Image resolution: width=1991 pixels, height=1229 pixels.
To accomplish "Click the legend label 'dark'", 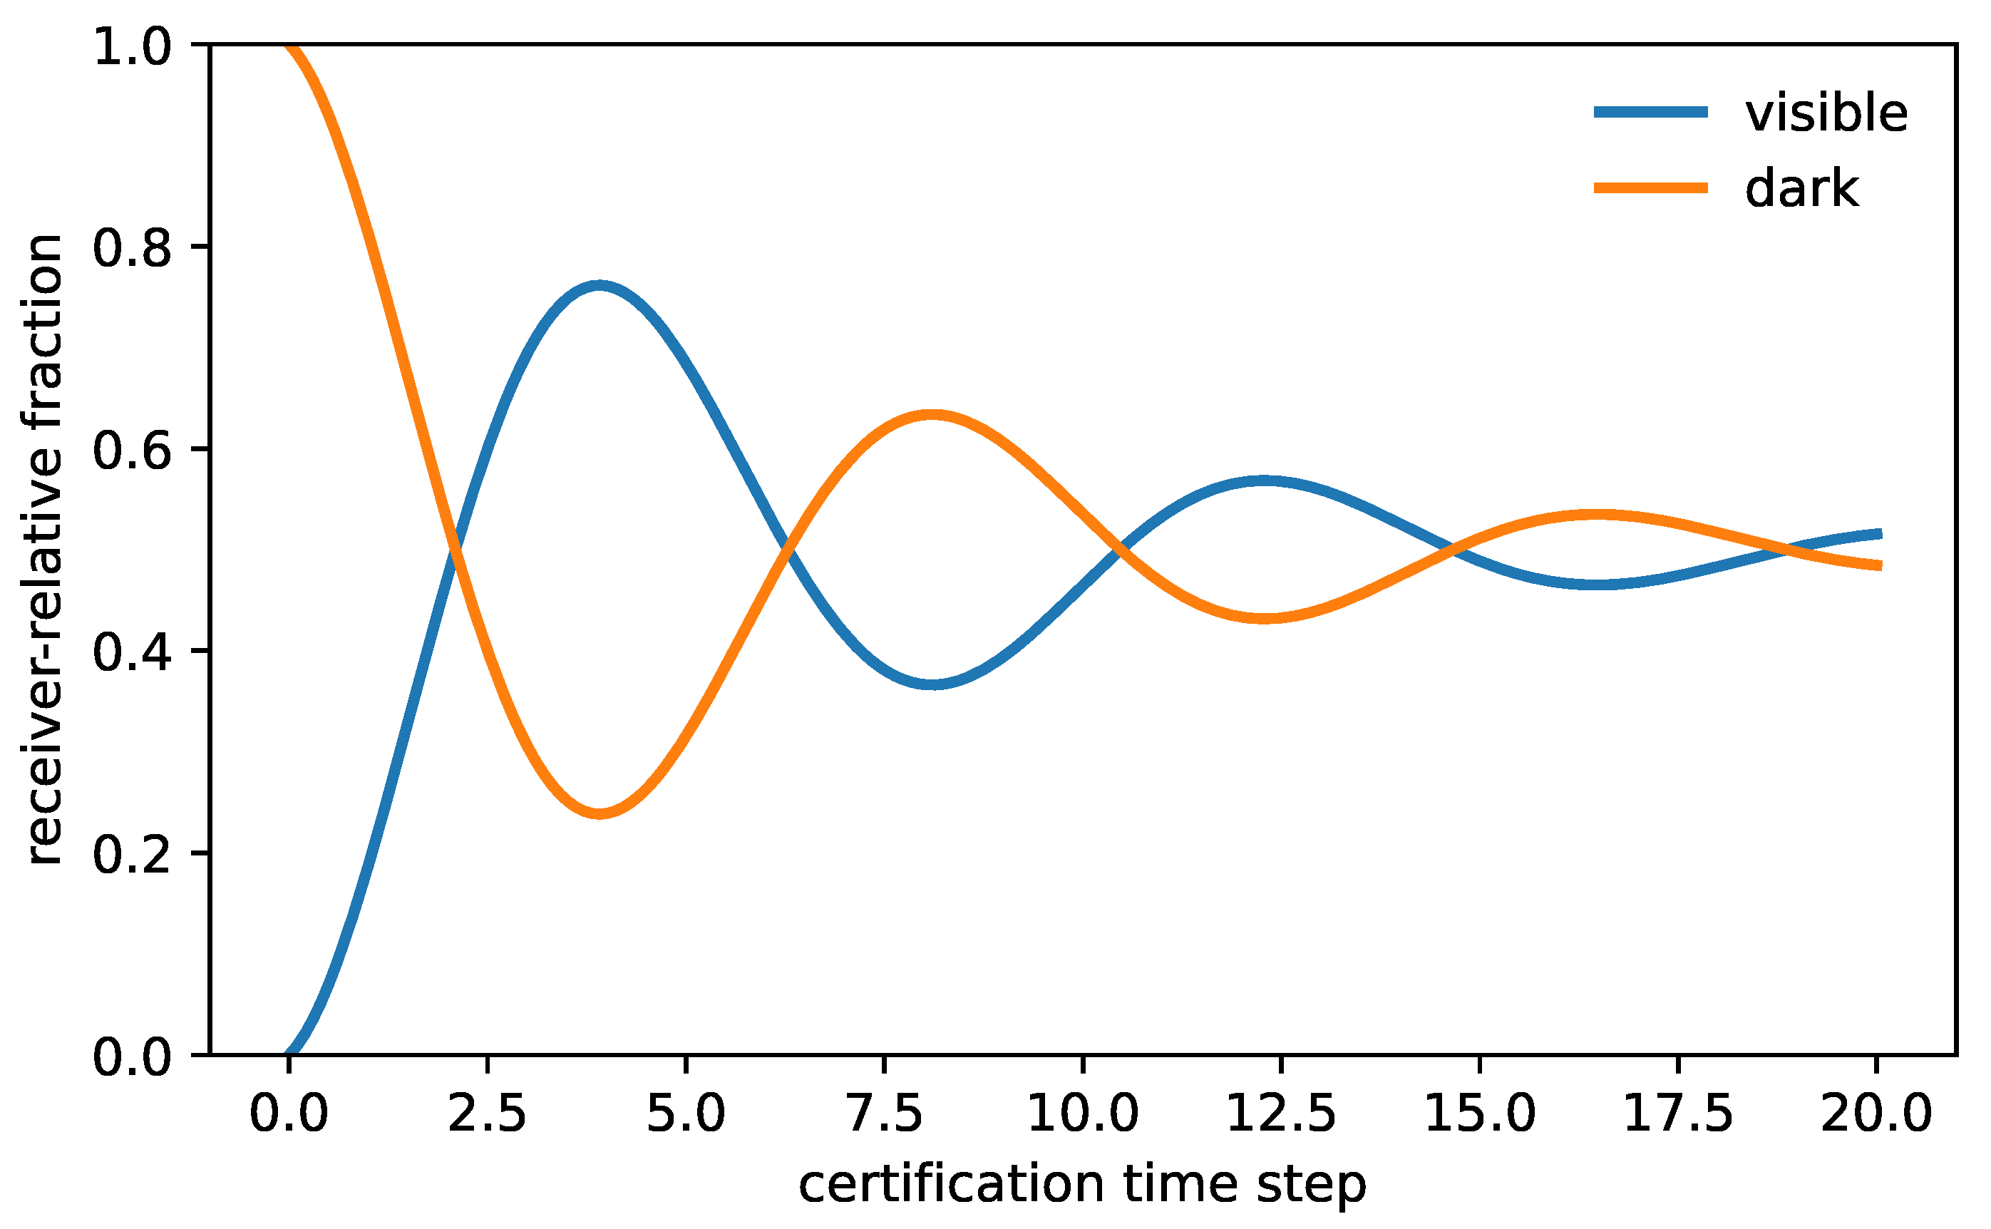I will click(1801, 189).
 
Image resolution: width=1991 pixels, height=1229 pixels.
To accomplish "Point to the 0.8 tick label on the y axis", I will click(133, 247).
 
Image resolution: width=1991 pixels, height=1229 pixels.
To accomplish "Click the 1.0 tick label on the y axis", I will click(133, 46).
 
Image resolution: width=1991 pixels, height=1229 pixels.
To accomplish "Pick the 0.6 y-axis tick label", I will click(133, 450).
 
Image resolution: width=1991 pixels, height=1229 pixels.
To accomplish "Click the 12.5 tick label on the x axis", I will click(1280, 1114).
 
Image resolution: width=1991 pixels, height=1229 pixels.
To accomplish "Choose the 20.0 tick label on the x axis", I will click(1876, 1114).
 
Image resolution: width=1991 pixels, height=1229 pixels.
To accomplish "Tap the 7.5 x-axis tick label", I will click(883, 1114).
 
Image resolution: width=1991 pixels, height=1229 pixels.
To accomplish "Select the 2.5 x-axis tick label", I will click(487, 1114).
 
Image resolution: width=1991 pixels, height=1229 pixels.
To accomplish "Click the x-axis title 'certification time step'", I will click(1082, 1184).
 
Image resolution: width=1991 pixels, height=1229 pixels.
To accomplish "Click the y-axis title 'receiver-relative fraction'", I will click(45, 550).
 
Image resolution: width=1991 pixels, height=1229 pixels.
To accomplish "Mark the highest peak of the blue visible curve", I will click(599, 286).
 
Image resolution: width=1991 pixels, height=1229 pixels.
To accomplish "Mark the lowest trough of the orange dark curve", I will click(599, 813).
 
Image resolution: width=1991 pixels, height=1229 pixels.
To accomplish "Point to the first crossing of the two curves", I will click(454, 550).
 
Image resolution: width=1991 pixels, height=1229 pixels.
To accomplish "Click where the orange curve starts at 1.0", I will click(289, 46).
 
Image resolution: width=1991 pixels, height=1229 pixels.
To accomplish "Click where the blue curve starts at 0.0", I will click(289, 1054).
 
